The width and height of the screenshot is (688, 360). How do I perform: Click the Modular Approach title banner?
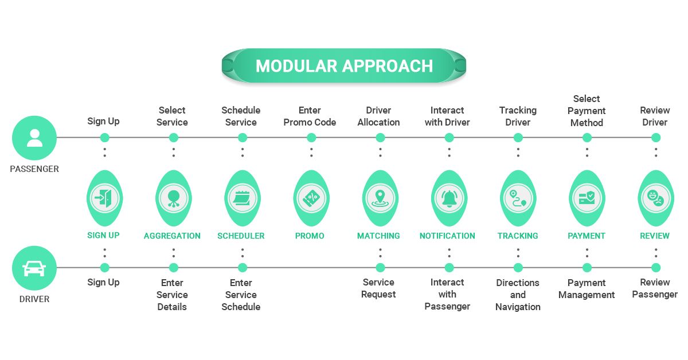click(x=344, y=65)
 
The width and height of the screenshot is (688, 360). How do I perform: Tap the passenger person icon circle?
click(x=34, y=138)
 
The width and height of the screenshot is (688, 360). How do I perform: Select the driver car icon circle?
click(x=34, y=268)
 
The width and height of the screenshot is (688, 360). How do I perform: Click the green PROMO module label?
click(x=310, y=236)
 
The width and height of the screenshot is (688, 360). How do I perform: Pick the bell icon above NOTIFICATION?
click(x=448, y=198)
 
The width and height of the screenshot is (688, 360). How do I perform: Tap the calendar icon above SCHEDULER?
click(x=242, y=198)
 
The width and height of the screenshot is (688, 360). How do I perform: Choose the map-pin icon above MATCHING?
click(x=380, y=198)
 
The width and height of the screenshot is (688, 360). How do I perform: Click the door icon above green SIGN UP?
click(x=104, y=198)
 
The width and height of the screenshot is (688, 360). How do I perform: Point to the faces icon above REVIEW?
click(x=655, y=198)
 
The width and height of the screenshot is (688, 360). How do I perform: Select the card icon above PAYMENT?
click(x=587, y=198)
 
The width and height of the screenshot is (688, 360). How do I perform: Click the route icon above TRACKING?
click(x=518, y=198)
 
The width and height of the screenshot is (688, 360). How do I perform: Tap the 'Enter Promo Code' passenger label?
click(x=310, y=116)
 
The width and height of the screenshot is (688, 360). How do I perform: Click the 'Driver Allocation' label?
click(x=378, y=116)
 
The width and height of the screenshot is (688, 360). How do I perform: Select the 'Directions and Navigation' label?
click(x=518, y=295)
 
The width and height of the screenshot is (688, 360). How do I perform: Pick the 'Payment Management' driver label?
click(x=587, y=288)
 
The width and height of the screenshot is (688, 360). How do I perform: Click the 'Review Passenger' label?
click(x=655, y=288)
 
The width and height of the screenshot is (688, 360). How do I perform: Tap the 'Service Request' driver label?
click(x=378, y=288)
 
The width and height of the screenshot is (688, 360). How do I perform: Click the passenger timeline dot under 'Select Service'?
click(x=174, y=138)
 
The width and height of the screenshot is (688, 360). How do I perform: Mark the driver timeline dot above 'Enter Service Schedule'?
click(x=243, y=268)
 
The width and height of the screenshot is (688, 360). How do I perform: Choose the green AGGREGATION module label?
click(x=172, y=236)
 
